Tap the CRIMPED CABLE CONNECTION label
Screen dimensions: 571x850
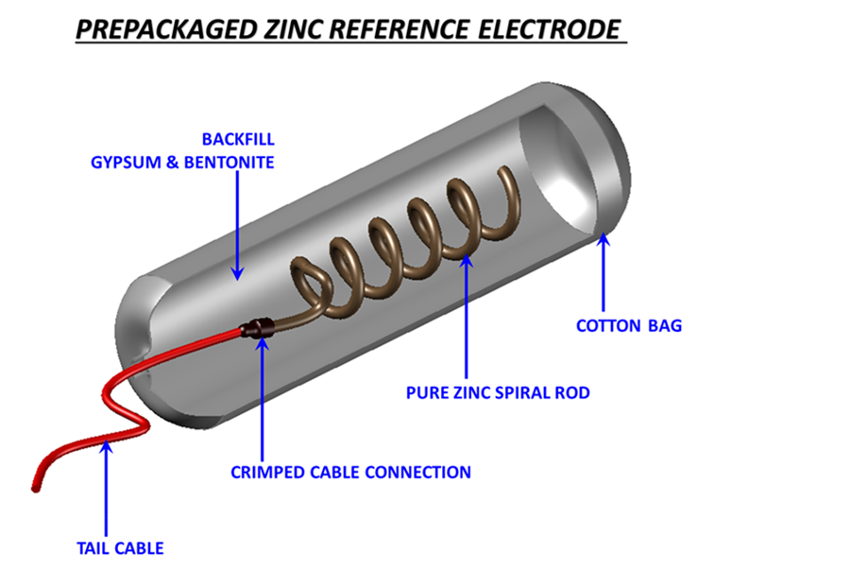(350, 471)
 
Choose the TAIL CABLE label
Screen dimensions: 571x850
(120, 547)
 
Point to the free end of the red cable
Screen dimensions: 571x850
(38, 486)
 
